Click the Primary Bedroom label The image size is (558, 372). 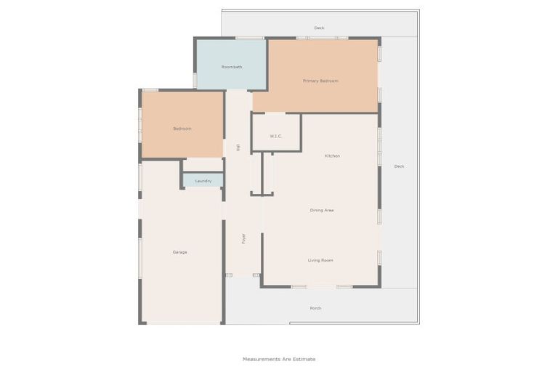(320, 81)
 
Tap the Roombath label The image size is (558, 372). (232, 67)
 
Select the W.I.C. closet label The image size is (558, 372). (275, 136)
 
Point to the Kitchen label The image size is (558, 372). (332, 156)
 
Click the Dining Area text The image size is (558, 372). (322, 210)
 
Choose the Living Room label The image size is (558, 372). (320, 260)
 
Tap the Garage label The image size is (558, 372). (179, 252)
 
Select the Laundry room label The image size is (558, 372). (203, 181)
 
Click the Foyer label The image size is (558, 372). (243, 238)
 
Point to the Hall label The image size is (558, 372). (238, 147)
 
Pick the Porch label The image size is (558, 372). (315, 308)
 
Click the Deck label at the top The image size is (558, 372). (319, 28)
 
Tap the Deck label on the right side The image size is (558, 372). (399, 166)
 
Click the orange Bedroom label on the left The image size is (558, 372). (182, 129)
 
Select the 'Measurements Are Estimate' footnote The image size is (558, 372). (279, 359)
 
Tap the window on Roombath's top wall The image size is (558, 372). (249, 38)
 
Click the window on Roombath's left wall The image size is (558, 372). (195, 80)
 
